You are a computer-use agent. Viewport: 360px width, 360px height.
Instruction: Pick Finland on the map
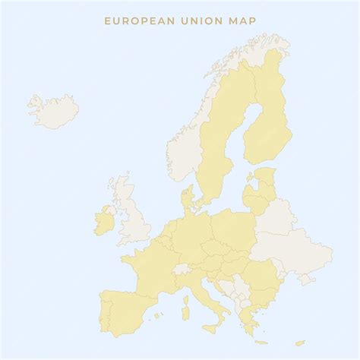[x=270, y=122]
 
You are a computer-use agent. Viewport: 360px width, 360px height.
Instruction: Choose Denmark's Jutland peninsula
[x=187, y=202]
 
